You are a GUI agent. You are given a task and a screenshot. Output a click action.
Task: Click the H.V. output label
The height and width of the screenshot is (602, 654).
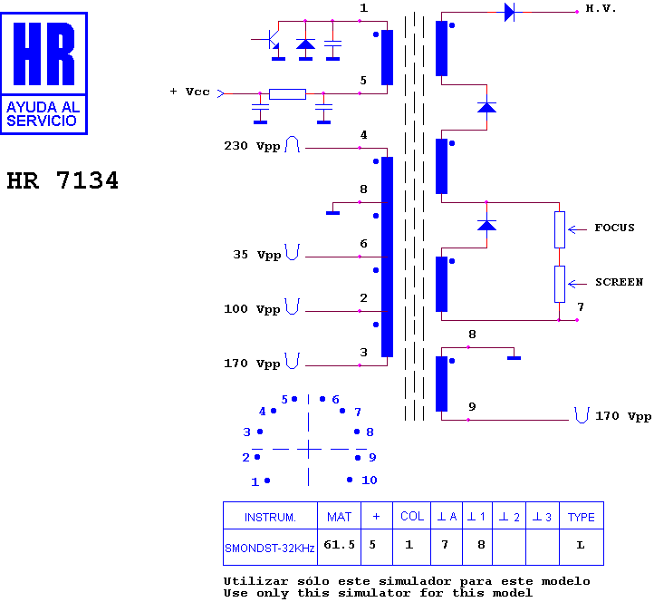pyautogui.click(x=601, y=8)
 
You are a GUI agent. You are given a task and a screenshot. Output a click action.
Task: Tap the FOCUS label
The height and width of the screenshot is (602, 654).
pyautogui.click(x=614, y=228)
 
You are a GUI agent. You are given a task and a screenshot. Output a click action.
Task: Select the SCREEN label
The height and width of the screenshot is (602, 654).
pyautogui.click(x=619, y=282)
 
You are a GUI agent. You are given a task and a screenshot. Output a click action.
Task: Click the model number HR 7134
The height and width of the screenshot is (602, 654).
pyautogui.click(x=63, y=180)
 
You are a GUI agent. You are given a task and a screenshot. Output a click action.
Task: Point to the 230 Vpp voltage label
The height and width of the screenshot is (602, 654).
pyautogui.click(x=252, y=146)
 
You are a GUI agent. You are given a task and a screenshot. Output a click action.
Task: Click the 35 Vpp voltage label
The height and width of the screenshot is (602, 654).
pyautogui.click(x=257, y=255)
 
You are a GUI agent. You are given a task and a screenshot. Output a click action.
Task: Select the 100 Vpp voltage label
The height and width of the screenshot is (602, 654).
pyautogui.click(x=252, y=309)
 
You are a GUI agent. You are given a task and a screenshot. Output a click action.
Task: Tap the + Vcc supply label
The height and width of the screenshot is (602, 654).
pyautogui.click(x=190, y=92)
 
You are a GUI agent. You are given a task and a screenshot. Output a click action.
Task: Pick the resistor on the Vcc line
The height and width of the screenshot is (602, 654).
pyautogui.click(x=287, y=94)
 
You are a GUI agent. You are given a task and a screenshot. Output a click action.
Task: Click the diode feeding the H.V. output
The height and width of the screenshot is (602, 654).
pyautogui.click(x=510, y=12)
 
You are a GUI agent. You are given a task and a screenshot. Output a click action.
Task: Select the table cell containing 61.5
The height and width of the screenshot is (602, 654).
pyautogui.click(x=339, y=547)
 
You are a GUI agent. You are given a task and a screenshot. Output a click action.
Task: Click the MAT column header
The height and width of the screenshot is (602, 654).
pyautogui.click(x=339, y=517)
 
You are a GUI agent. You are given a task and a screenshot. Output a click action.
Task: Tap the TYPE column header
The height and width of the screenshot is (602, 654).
pyautogui.click(x=581, y=517)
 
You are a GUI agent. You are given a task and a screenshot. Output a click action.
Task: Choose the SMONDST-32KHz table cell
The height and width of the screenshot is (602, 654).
pyautogui.click(x=270, y=548)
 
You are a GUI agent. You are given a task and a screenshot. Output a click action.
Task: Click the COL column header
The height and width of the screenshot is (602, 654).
pyautogui.click(x=412, y=517)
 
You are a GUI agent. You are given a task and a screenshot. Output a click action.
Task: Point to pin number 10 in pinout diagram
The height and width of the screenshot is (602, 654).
pyautogui.click(x=370, y=481)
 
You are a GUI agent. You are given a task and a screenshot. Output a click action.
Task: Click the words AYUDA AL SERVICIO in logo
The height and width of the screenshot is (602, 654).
pyautogui.click(x=43, y=114)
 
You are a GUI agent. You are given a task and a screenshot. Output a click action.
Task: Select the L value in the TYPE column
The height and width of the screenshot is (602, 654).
pyautogui.click(x=580, y=545)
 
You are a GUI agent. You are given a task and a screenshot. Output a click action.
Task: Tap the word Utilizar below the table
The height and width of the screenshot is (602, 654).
pyautogui.click(x=255, y=581)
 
